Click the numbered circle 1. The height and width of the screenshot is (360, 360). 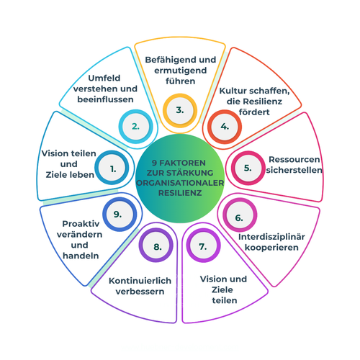click(112, 168)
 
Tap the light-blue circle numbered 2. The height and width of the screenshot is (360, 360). click(135, 127)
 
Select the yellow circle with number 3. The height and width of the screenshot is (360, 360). click(180, 110)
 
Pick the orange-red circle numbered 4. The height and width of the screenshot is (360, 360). click(225, 127)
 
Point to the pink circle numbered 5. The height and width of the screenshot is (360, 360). click(248, 168)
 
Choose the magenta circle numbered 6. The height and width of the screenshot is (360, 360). click(240, 215)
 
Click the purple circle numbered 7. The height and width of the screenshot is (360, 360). click(204, 246)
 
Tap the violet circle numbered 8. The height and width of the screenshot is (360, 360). click(156, 245)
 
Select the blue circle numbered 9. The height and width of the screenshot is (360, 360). click(120, 215)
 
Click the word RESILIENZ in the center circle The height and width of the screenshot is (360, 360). click(180, 193)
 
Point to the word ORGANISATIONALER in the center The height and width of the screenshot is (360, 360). click(180, 183)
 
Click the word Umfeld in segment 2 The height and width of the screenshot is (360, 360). click(104, 78)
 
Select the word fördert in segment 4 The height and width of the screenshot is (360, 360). click(254, 112)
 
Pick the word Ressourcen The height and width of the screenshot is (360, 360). click(294, 159)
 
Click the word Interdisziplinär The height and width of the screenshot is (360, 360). click(271, 237)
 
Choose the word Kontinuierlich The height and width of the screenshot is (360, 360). click(140, 281)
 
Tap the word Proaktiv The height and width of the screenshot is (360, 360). click(81, 224)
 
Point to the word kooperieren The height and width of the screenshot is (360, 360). click(271, 248)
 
